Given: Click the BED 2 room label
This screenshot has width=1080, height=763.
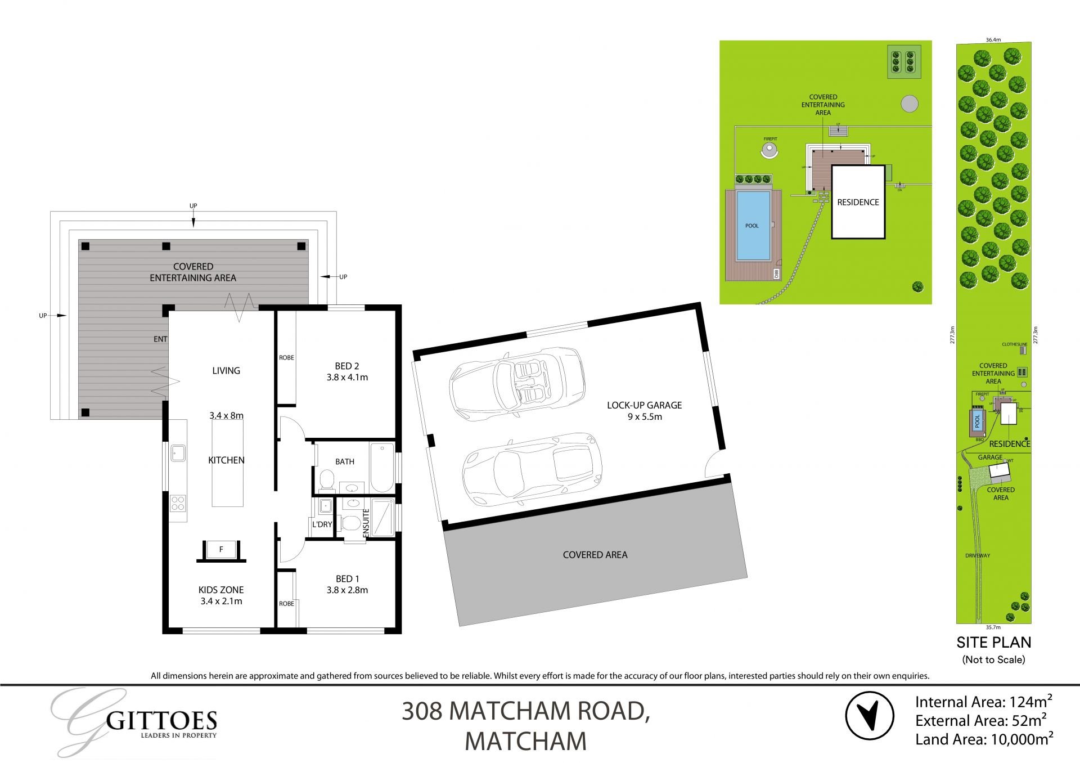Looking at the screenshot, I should pyautogui.click(x=347, y=366).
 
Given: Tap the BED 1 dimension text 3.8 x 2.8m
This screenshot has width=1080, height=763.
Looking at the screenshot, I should pyautogui.click(x=347, y=590).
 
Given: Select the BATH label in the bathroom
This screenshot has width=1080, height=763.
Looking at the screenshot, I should pyautogui.click(x=345, y=461).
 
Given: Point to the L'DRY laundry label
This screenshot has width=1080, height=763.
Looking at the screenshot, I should pyautogui.click(x=322, y=524).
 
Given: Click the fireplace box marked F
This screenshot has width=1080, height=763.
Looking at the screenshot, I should pyautogui.click(x=221, y=550).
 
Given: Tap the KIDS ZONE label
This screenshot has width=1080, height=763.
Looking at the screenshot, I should pyautogui.click(x=221, y=590).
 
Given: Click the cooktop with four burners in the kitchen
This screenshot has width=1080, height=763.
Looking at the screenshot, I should pyautogui.click(x=178, y=502).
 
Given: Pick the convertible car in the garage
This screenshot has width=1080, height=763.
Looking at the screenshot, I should pyautogui.click(x=516, y=383).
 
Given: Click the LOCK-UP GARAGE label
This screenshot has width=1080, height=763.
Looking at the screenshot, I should pyautogui.click(x=644, y=405).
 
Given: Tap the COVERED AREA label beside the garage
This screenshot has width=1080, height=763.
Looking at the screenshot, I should pyautogui.click(x=595, y=555).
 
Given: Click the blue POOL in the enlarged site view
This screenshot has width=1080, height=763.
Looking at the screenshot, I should pyautogui.click(x=753, y=226).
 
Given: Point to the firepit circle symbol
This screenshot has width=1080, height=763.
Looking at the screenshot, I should pyautogui.click(x=769, y=149).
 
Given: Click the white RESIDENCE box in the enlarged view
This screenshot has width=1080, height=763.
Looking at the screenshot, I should pyautogui.click(x=858, y=203).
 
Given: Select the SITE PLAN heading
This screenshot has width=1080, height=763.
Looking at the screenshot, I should pyautogui.click(x=994, y=642).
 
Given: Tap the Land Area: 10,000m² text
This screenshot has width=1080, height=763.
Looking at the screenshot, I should pyautogui.click(x=984, y=739).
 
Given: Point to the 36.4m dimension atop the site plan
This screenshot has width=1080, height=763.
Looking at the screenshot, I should pyautogui.click(x=993, y=40).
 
